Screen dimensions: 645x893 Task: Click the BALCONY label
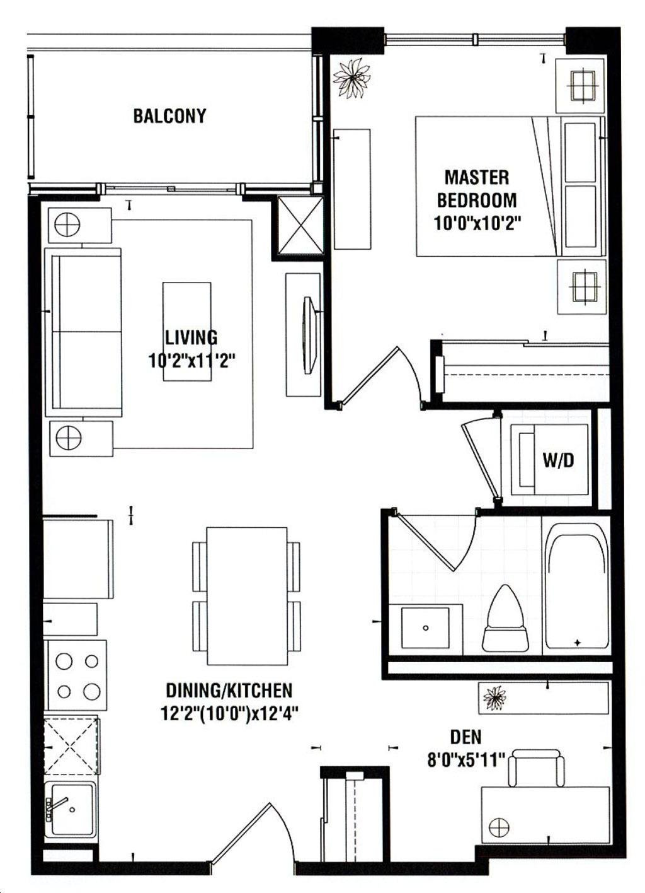pos(169,116)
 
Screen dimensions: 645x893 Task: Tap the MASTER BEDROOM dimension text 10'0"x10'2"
pos(477,223)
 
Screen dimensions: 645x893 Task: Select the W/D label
pos(558,460)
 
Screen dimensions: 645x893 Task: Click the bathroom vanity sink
pos(425,628)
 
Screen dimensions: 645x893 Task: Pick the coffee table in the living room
pos(186,332)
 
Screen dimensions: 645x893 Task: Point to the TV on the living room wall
pos(310,335)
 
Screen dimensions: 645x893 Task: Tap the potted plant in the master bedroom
pos(352,78)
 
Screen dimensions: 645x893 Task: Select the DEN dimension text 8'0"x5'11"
pos(466,761)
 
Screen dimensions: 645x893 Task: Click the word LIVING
pos(191,337)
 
